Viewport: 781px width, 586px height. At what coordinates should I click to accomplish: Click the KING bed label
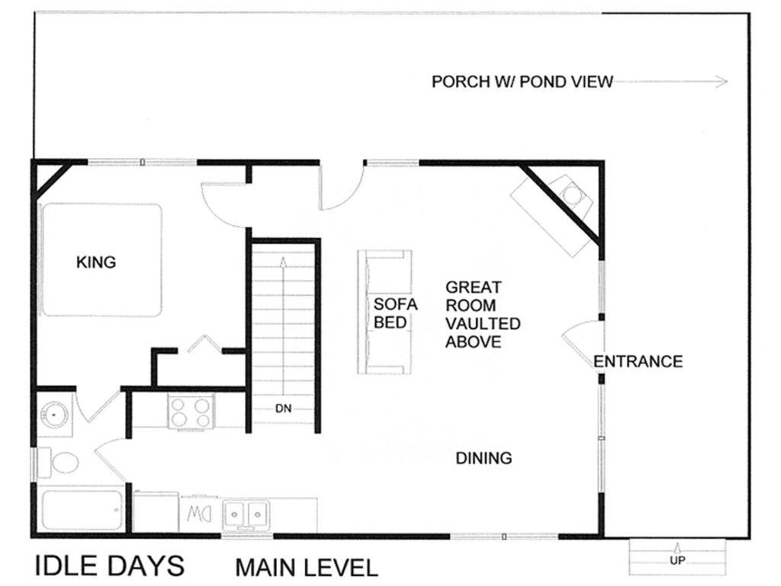coord(96,262)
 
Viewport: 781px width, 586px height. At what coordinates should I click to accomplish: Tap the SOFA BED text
coord(396,314)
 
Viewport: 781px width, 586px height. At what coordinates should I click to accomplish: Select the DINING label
coord(484,458)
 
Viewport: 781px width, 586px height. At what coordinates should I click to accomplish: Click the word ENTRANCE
coord(638,361)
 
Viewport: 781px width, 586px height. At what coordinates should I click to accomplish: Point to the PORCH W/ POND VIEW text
coord(522,82)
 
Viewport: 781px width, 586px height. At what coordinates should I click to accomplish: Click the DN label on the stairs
coord(284,409)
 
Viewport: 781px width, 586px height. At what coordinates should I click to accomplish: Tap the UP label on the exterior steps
coord(677,560)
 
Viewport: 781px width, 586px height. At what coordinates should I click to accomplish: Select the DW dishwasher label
coord(199,514)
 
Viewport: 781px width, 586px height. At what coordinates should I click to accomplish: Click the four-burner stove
coord(191,411)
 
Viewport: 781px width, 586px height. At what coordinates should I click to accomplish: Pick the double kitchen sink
coord(246,514)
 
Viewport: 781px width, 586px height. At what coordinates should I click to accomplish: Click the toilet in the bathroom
coord(58,462)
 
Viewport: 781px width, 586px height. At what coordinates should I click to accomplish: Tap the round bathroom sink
coord(54,414)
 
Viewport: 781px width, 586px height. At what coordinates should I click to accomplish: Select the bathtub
coord(82,510)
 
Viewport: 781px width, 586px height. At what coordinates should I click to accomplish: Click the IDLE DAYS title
coord(110,565)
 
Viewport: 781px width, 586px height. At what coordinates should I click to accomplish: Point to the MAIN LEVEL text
coord(307,568)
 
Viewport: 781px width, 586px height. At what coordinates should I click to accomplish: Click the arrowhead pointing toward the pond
coord(722,82)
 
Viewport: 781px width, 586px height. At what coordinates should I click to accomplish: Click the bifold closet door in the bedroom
coord(204,343)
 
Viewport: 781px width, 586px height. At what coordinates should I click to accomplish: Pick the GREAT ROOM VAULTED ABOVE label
coord(483,314)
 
